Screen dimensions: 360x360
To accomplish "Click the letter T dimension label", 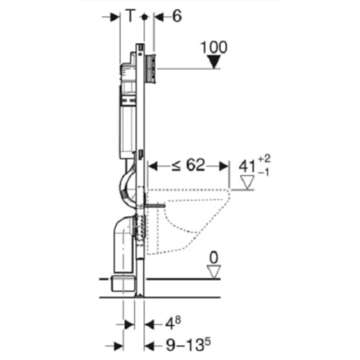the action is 130,16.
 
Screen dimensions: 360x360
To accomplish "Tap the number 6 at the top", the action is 177,16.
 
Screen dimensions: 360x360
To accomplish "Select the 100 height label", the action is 214,47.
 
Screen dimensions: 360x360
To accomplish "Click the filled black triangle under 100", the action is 214,62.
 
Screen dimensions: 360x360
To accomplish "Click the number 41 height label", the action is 247,166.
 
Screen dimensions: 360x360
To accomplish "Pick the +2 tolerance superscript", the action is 264,159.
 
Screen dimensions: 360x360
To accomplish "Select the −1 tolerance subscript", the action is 264,172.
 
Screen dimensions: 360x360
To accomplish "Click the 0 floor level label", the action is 214,258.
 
